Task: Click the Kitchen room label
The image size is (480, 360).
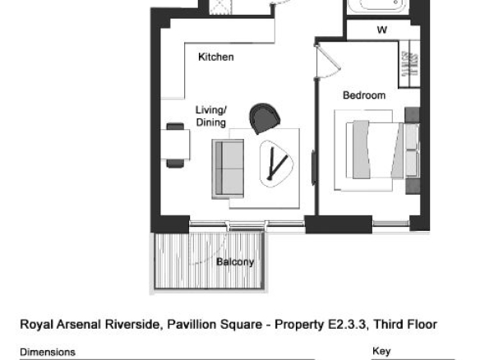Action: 216,57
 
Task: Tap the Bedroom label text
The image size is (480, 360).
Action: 364,95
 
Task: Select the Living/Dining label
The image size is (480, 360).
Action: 211,116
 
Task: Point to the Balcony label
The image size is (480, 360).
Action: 235,262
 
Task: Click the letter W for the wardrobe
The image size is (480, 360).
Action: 382,30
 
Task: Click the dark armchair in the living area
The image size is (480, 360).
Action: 265,118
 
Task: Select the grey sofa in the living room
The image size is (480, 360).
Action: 228,169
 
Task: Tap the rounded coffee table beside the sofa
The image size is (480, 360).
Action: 276,164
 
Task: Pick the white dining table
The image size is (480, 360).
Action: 175,145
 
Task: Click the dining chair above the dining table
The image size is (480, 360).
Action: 175,126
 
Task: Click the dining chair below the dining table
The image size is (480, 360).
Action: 175,164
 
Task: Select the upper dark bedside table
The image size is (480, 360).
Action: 412,115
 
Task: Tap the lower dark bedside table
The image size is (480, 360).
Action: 413,186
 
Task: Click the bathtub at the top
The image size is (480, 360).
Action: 378,6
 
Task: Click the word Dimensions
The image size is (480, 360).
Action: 48,352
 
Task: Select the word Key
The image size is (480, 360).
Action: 381,351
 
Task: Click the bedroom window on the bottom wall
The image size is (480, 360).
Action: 391,224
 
